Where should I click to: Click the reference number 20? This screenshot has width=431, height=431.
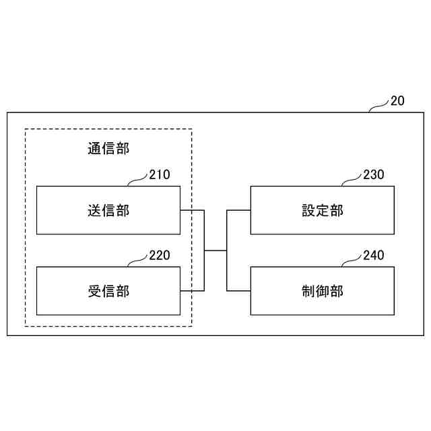(x=397, y=102)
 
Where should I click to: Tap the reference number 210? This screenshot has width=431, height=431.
(x=160, y=175)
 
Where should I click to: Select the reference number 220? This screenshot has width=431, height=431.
(x=160, y=255)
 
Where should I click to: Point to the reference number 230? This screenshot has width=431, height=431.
(x=373, y=175)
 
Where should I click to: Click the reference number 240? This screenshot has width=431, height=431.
(x=373, y=255)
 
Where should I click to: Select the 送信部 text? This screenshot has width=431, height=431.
(x=108, y=211)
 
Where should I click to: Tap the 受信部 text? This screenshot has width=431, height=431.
(x=108, y=291)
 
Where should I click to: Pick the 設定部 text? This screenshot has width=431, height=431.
(x=322, y=211)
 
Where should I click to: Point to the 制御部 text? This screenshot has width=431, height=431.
(x=322, y=291)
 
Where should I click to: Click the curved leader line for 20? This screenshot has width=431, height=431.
(x=379, y=106)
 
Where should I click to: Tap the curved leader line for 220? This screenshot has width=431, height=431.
(x=138, y=261)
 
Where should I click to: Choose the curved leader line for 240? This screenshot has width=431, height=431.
(x=352, y=261)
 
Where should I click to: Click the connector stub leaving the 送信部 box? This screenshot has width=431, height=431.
(x=192, y=211)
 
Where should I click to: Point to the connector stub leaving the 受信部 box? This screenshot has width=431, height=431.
(x=192, y=291)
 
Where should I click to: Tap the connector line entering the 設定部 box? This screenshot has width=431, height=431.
(x=238, y=211)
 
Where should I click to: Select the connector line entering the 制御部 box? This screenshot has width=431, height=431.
(x=238, y=291)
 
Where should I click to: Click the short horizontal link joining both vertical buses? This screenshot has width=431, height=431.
(x=215, y=251)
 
